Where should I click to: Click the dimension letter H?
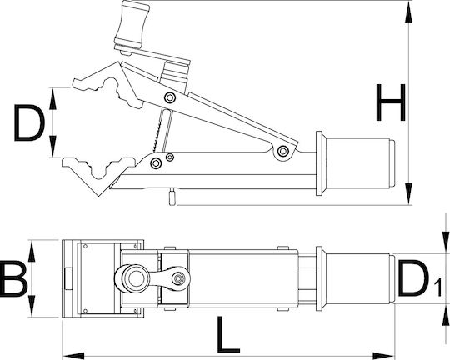(x=391, y=102)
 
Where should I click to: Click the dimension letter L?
(x=228, y=334)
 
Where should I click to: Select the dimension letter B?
(x=13, y=277)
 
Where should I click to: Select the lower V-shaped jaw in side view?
(x=99, y=173)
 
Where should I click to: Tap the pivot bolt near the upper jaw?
(x=170, y=97)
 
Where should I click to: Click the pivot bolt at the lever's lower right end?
(x=283, y=151)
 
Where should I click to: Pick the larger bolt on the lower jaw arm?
(x=156, y=163)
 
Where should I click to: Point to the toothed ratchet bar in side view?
(x=162, y=131)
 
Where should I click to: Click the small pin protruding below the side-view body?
(x=172, y=197)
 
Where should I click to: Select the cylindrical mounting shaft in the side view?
(x=361, y=163)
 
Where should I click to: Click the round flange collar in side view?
(x=321, y=163)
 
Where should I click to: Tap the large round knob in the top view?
(x=132, y=278)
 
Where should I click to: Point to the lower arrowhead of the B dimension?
(x=32, y=306)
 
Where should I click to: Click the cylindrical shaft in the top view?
(x=361, y=278)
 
